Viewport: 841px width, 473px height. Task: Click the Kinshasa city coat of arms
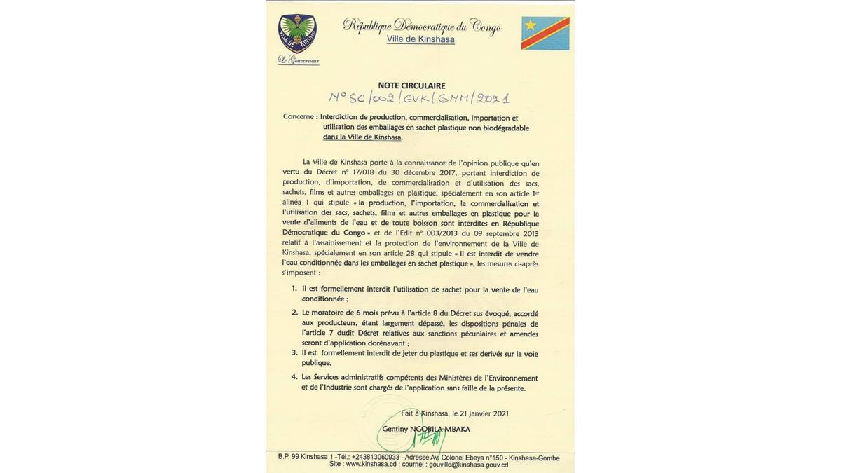[298, 34]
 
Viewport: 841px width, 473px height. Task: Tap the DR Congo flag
[545, 33]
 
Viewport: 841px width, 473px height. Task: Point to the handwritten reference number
[419, 99]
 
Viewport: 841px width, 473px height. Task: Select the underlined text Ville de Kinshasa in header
[420, 40]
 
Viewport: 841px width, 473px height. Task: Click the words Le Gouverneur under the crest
[299, 60]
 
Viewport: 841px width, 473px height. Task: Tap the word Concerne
[299, 117]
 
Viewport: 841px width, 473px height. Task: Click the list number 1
[294, 289]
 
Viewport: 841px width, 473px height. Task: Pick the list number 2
[294, 313]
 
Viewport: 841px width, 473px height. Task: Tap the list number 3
[294, 353]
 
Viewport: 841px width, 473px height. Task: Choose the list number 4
[294, 378]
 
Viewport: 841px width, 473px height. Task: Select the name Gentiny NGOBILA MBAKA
[426, 429]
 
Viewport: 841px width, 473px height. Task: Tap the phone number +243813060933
[376, 458]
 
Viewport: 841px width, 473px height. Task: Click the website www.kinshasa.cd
[371, 464]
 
